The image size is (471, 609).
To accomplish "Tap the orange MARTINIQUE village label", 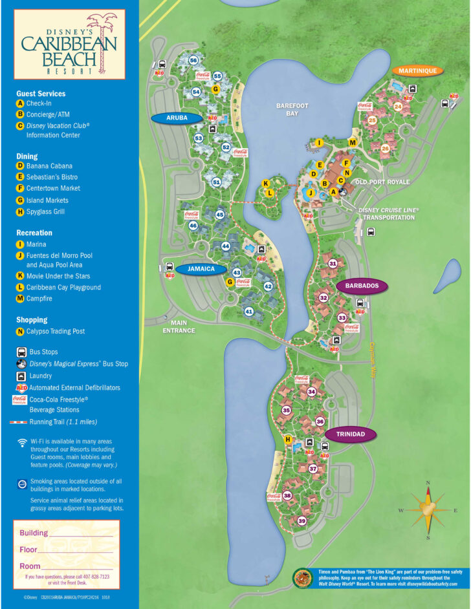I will (x=417, y=71).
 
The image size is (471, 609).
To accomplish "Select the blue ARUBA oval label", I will (x=177, y=118).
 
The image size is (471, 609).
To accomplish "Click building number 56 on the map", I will (x=193, y=60).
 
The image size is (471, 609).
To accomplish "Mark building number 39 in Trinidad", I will (x=301, y=521).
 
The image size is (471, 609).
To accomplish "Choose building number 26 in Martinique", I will (x=385, y=148).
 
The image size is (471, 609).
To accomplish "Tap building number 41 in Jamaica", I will (x=248, y=312).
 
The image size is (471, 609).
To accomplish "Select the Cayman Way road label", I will (x=372, y=353).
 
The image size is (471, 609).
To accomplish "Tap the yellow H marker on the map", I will (x=288, y=440).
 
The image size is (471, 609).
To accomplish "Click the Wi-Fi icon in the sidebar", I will (x=21, y=443).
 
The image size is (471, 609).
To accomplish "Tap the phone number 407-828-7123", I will (x=96, y=576).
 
